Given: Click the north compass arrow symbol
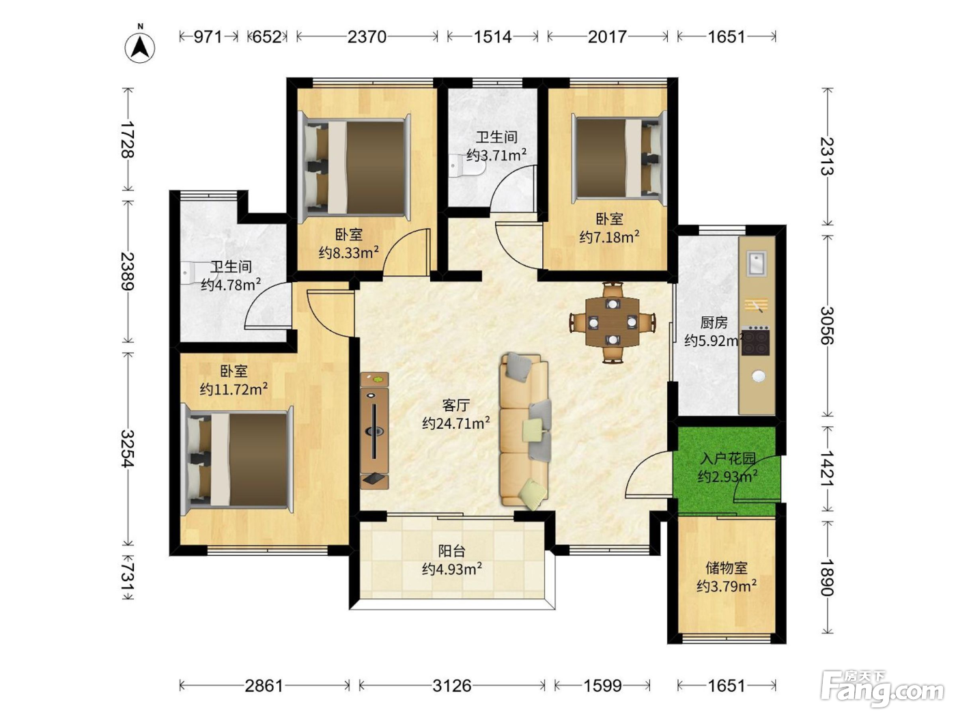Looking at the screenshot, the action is (x=140, y=47).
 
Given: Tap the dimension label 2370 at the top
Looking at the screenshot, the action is (x=367, y=37).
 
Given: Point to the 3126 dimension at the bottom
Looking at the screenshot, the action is (x=451, y=686).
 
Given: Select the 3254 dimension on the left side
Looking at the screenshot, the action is (x=128, y=449).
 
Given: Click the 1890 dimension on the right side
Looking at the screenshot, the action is (x=827, y=577).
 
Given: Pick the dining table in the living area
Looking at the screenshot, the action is (x=613, y=322).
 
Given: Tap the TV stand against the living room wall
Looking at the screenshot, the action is (x=375, y=430).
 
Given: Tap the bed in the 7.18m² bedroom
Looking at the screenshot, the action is (x=619, y=158).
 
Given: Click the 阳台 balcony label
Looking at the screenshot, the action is (x=451, y=551).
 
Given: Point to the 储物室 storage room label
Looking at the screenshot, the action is (x=726, y=567).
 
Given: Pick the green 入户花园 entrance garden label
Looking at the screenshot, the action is (x=728, y=458).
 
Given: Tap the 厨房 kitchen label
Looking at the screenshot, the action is (x=714, y=322).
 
